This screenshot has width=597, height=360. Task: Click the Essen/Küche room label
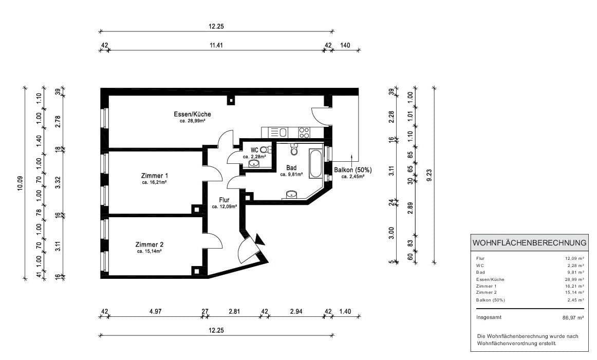click(x=192, y=114)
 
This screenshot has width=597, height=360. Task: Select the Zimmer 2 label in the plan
click(x=150, y=244)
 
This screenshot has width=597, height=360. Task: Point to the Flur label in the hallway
click(x=224, y=200)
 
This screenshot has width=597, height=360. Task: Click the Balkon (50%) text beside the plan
click(x=352, y=169)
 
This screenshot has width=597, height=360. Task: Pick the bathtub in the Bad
click(x=316, y=163)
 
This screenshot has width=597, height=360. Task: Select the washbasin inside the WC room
click(x=254, y=164)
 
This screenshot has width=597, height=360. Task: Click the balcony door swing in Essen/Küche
click(x=322, y=118)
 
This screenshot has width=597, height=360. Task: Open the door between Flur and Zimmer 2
click(x=215, y=240)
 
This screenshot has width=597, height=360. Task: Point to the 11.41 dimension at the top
click(x=215, y=45)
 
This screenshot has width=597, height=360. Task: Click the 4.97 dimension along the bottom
click(x=155, y=311)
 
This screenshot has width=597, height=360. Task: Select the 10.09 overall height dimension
click(x=20, y=183)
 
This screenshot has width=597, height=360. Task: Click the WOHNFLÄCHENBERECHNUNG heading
click(x=529, y=242)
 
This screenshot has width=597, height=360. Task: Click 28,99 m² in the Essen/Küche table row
click(x=574, y=279)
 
